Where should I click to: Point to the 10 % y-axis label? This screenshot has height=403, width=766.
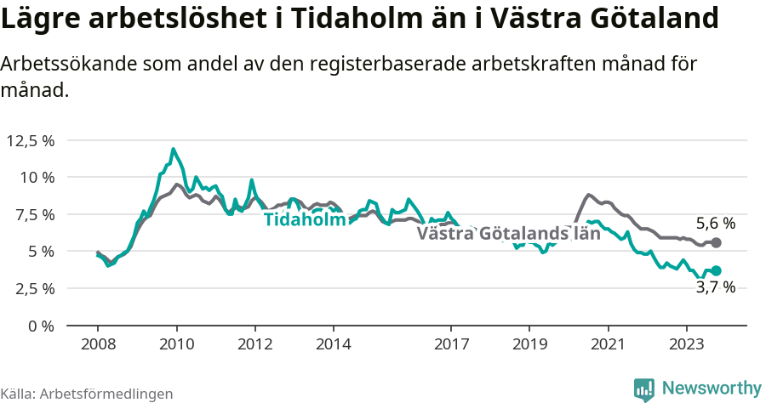click(37, 178)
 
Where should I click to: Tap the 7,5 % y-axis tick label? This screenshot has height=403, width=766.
click(33, 214)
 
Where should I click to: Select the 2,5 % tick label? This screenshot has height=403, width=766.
click(33, 288)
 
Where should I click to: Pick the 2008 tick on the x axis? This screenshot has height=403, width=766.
click(98, 344)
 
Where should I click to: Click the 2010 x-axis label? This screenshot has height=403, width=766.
click(176, 344)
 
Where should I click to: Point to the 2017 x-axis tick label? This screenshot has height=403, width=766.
click(451, 344)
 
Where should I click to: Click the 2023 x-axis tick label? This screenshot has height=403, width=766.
click(687, 344)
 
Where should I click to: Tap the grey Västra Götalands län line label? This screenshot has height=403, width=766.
click(508, 234)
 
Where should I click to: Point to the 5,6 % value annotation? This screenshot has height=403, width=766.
click(715, 224)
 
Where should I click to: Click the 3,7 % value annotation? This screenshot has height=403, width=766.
click(715, 287)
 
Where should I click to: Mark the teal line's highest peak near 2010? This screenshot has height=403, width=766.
click(174, 150)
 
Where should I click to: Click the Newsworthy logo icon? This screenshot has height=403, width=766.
click(645, 389)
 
